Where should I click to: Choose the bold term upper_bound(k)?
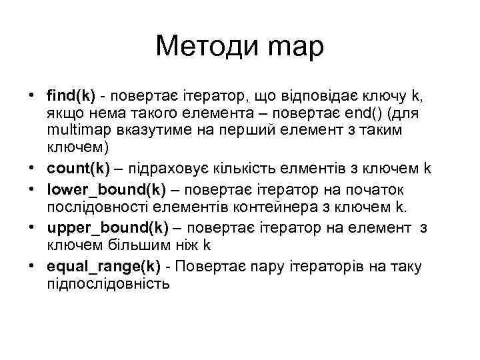tap(107, 229)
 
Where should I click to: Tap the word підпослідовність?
tap(108, 284)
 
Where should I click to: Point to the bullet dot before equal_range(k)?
tap(32, 267)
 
